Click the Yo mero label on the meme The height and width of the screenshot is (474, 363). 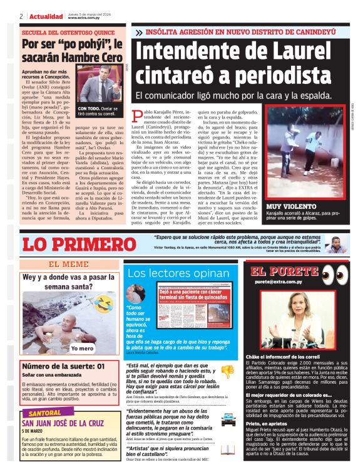click(x=82, y=349)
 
